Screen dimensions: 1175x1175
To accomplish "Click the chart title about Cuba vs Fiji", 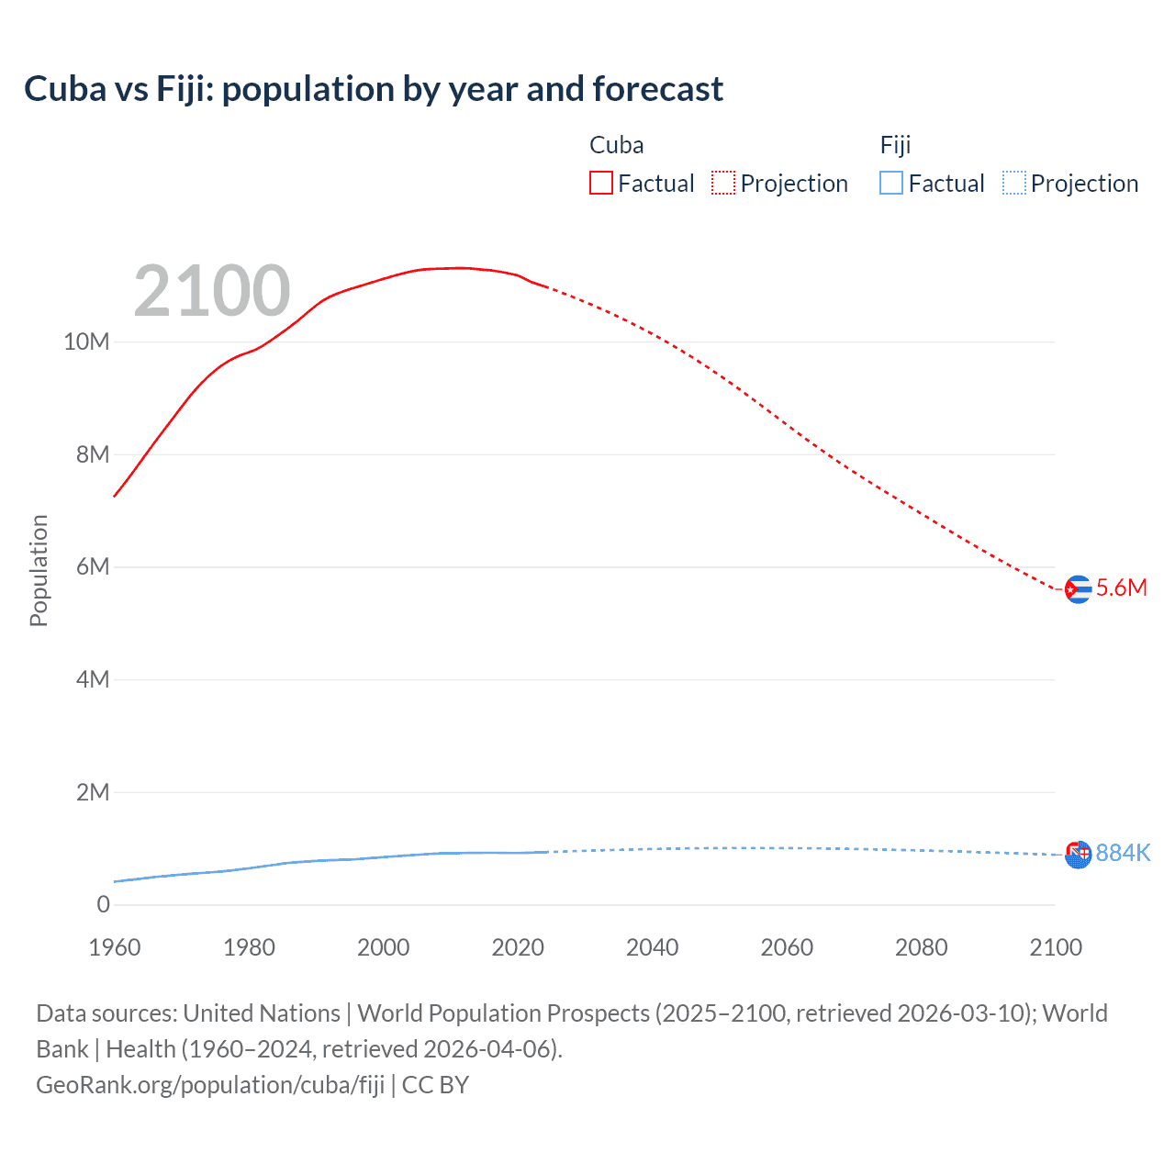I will [x=374, y=89].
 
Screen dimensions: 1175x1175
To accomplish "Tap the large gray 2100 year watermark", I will [x=212, y=291].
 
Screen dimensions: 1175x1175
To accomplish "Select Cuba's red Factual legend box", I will [x=600, y=183].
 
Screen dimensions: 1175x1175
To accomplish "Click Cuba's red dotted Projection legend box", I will [x=723, y=183].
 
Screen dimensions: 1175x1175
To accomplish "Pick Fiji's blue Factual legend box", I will [x=890, y=183].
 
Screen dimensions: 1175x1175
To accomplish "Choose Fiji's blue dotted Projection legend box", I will [x=1013, y=183].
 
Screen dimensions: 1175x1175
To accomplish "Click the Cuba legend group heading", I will [x=616, y=145].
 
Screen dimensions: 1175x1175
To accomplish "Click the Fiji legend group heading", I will [x=895, y=145].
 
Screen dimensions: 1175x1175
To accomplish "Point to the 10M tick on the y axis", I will [x=86, y=341].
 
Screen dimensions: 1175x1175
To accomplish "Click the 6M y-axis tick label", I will [x=93, y=566].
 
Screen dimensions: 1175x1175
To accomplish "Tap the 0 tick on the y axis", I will [x=103, y=904].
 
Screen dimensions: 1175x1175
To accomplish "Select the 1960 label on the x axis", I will [x=115, y=947].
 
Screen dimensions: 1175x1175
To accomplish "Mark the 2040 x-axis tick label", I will [x=652, y=947].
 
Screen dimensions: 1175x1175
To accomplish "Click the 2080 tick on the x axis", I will [x=921, y=947].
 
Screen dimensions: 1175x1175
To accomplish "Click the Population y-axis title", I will [x=39, y=570].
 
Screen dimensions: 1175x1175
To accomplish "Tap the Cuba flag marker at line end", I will [x=1078, y=589].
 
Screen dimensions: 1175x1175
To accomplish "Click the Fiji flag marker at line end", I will [x=1078, y=854].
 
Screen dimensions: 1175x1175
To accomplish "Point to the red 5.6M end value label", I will [x=1121, y=587].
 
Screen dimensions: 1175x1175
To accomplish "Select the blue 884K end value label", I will [x=1123, y=853].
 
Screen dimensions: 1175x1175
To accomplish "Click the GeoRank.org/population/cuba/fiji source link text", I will [x=210, y=1084].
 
